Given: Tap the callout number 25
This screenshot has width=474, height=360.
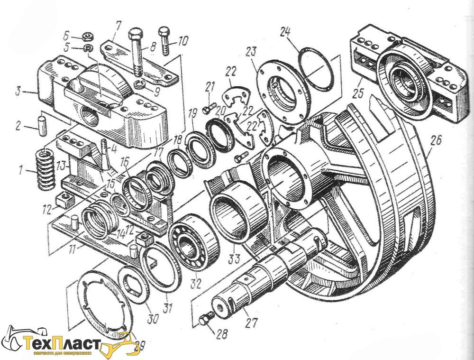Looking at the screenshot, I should [x=358, y=93].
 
